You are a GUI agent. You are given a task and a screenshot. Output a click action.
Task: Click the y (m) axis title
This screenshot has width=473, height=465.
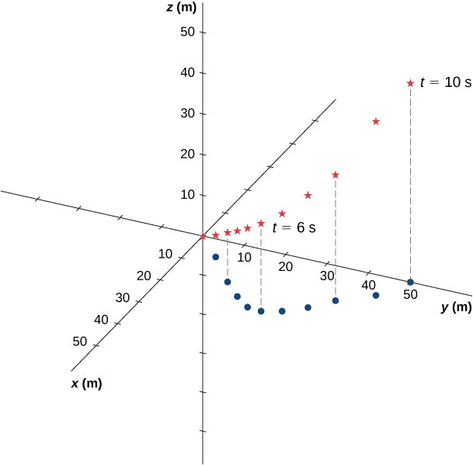[456, 307]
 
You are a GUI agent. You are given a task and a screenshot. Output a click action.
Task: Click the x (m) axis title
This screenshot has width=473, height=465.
[86, 383]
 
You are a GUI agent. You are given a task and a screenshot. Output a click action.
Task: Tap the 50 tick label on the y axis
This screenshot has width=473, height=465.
[410, 295]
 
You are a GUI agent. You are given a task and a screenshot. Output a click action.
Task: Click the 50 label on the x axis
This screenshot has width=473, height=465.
[79, 341]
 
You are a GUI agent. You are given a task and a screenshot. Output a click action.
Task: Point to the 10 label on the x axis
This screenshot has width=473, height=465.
[165, 254]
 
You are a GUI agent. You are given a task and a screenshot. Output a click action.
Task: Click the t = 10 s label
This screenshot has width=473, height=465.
[445, 82]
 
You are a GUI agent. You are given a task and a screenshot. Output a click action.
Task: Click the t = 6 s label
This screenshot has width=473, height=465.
[294, 228]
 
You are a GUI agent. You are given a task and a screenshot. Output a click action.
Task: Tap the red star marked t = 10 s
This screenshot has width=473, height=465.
[410, 83]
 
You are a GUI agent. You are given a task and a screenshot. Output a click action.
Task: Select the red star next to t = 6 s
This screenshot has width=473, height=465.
[261, 224]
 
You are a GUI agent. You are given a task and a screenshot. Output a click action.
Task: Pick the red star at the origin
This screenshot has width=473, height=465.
[203, 236]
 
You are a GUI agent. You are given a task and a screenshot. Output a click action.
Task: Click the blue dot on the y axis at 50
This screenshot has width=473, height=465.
[410, 282]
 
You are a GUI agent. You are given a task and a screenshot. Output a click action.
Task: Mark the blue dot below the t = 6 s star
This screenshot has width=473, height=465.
[261, 311]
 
